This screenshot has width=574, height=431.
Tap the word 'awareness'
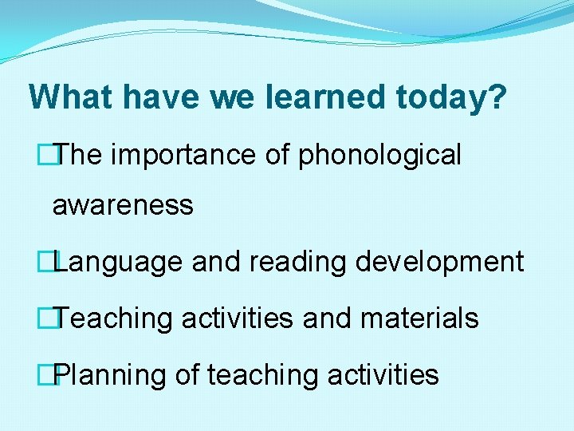click(123, 206)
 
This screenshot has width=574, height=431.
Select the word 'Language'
click(120, 263)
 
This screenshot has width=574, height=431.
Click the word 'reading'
click(298, 263)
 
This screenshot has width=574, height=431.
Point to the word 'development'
click(439, 262)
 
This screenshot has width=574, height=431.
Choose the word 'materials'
click(419, 319)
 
